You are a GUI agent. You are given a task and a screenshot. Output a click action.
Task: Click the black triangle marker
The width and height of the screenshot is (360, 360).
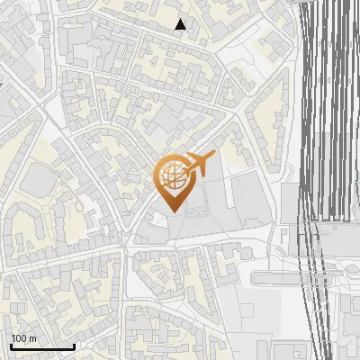click(x=181, y=24)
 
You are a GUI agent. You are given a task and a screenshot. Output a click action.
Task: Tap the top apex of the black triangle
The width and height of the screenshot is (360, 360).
click(x=181, y=19)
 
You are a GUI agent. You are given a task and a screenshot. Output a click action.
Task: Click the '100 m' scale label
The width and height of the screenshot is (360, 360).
click(x=24, y=338)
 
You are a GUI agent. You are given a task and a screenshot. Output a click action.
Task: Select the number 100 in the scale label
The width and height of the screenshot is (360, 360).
click(x=20, y=338)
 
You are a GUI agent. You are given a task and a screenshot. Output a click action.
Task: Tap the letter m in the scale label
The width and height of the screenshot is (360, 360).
click(x=33, y=338)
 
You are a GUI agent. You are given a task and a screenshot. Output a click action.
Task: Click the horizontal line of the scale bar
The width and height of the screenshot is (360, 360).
click(x=42, y=346)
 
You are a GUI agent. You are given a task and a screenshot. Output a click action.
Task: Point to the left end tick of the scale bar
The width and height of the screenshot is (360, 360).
click(x=11, y=345)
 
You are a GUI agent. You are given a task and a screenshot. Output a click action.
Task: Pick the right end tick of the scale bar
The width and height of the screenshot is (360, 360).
click(x=74, y=345)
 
